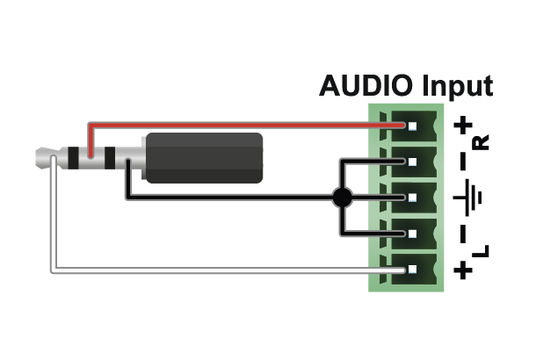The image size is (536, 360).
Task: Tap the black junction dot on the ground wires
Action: point(343,198)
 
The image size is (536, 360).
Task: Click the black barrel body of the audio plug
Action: point(204,158)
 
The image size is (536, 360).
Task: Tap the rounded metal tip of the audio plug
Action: point(43,159)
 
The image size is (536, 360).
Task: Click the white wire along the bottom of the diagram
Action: point(220,270)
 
